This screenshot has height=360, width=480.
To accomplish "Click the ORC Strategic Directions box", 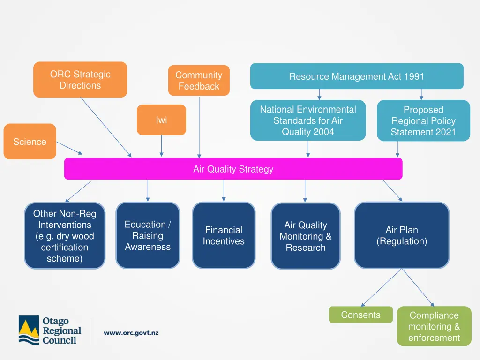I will (x=80, y=80).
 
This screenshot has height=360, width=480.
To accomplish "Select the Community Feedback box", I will (x=199, y=81).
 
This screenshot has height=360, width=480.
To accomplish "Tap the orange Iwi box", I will (x=161, y=120).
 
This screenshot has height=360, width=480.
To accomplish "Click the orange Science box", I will (x=30, y=142).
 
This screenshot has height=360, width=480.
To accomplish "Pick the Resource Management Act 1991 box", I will (x=356, y=76).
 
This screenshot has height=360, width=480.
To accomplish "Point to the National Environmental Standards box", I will (x=308, y=120).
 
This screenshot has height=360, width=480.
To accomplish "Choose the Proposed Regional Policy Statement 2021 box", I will (x=423, y=120).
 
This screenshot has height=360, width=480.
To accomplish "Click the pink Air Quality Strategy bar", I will (x=233, y=169).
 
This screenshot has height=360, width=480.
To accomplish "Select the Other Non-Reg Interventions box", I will (x=65, y=236).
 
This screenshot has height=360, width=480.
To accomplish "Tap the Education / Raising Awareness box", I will (x=148, y=235).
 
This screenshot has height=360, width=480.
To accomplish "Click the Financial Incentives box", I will (x=224, y=235).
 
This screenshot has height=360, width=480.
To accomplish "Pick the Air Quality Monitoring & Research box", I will (x=305, y=236).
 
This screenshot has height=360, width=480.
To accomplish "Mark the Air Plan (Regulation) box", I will (x=402, y=235).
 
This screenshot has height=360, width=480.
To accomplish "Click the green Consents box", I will (x=360, y=315).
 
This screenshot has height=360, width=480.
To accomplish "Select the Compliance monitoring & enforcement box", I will (x=434, y=326).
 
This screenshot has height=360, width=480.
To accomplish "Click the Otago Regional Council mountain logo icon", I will (x=29, y=330).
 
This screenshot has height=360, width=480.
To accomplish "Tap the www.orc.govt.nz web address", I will (x=131, y=333).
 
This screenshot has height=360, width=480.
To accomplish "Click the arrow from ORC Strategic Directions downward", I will (x=105, y=127).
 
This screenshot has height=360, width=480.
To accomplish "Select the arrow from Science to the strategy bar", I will (x=69, y=147).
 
